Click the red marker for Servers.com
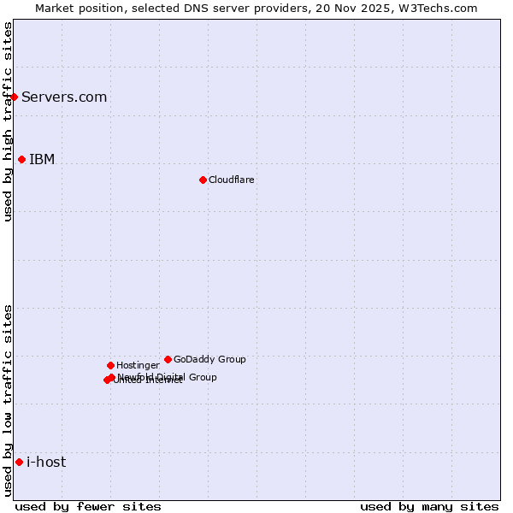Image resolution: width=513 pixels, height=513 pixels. [x=15, y=97]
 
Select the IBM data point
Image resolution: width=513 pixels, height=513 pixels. [x=21, y=159]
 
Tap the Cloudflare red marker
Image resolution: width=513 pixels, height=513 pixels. [x=203, y=180]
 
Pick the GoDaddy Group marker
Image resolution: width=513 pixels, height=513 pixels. [x=168, y=359]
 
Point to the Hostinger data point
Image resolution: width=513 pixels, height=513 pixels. [x=110, y=365]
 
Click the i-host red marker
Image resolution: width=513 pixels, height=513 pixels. [x=19, y=462]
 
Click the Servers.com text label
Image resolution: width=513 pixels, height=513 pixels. [x=64, y=97]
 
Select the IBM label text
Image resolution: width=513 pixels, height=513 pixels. [x=42, y=159]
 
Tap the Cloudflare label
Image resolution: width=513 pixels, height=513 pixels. [x=232, y=180]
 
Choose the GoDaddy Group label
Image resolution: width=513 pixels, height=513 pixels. [x=209, y=359]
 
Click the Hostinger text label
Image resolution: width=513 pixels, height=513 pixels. [x=138, y=365]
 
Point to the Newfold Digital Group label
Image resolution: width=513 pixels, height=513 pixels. [x=168, y=376]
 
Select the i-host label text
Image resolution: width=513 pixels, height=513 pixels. [x=46, y=462]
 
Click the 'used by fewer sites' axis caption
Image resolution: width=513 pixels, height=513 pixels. [x=88, y=506]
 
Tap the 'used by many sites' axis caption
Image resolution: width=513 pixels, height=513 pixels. [x=429, y=506]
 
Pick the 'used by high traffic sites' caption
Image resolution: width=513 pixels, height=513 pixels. [x=8, y=121]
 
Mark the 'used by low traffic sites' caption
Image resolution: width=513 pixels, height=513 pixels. [x=8, y=400]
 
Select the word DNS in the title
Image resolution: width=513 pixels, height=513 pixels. [x=203, y=8]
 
